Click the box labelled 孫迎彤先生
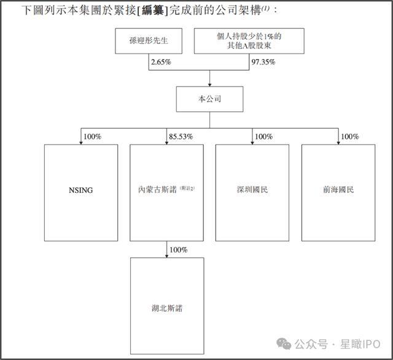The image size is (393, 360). [x=147, y=44]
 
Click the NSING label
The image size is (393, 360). [x=81, y=190]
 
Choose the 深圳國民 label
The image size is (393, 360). [x=252, y=190]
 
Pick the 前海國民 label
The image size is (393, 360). [x=338, y=190]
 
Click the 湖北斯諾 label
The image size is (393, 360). [x=166, y=308]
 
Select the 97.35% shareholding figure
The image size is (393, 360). [x=263, y=63]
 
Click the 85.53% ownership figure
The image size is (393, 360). [x=180, y=136]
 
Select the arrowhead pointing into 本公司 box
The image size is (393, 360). [x=209, y=84]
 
